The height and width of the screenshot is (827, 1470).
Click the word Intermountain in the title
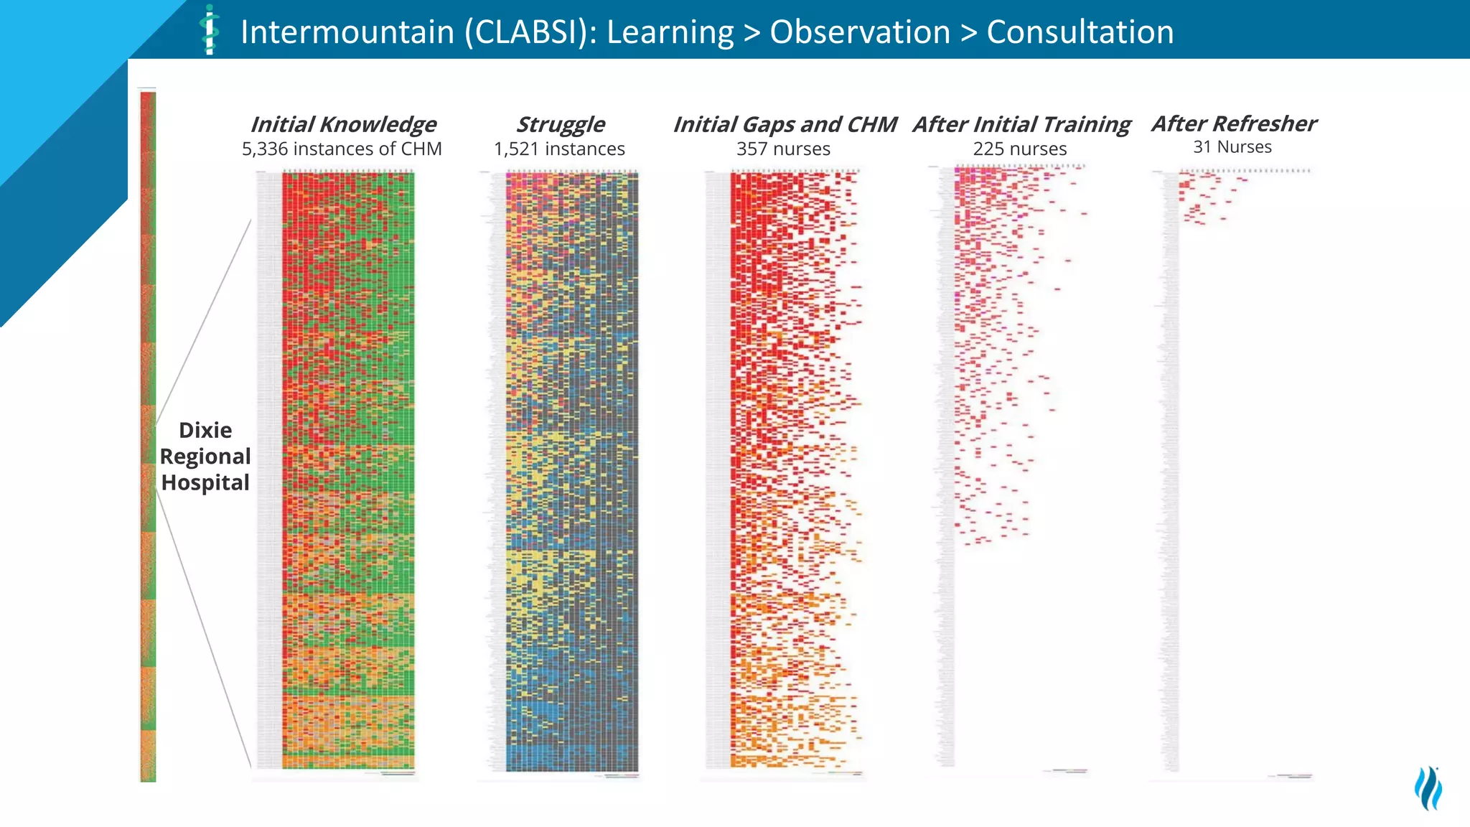pos(347,32)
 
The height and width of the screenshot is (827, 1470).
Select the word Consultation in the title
pos(1080,32)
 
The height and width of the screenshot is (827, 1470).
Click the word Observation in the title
pos(860,32)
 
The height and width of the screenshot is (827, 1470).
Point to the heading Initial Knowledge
pos(342,124)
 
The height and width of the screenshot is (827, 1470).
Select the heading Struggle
pos(560,124)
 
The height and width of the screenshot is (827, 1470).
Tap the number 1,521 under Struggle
pos(515,149)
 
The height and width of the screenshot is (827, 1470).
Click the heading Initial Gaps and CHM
pos(784,124)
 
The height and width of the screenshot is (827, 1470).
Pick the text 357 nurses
pos(783,149)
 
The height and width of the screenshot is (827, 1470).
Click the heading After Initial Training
pos(1021,124)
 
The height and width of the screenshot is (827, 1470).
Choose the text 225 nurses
pos(1019,149)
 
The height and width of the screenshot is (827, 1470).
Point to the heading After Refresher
pos(1234,123)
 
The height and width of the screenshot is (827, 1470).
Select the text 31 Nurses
pos(1232,147)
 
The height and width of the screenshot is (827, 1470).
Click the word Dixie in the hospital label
pos(205,430)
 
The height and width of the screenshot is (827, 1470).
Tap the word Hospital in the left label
pos(205,482)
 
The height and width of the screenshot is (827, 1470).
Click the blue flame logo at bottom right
pos(1428,788)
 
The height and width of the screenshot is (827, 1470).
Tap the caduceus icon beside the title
pos(210,30)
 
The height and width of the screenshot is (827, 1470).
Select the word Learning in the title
pos(670,32)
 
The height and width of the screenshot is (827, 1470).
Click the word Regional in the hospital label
pos(205,457)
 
